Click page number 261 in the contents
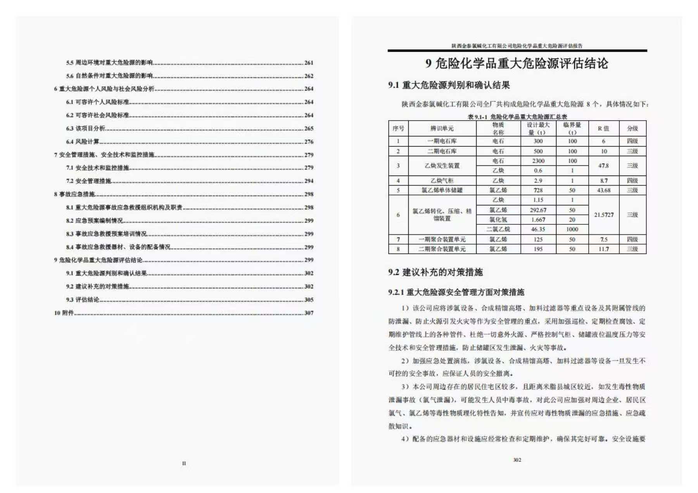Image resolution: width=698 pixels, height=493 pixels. click(309, 63)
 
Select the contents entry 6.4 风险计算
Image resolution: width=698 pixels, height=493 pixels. click(83, 141)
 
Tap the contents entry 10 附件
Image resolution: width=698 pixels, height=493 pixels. click(64, 313)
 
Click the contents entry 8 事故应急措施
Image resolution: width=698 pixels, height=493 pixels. click(74, 194)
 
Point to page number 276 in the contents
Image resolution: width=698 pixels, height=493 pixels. click(309, 142)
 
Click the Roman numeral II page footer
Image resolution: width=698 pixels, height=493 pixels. click(184, 463)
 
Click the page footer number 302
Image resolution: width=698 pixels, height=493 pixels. click(517, 460)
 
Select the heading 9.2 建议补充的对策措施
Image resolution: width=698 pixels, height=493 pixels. click(435, 272)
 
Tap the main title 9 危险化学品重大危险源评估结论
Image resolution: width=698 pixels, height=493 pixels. click(517, 64)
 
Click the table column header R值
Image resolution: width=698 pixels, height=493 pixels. click(603, 128)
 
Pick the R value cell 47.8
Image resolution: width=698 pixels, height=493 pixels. click(603, 165)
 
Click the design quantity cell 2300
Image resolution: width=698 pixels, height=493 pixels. click(538, 161)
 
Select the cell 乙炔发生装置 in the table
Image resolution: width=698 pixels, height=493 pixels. click(442, 165)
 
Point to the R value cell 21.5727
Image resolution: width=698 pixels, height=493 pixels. click(604, 215)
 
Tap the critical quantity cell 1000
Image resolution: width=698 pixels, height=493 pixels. click(572, 229)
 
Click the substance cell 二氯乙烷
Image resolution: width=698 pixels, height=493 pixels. click(498, 229)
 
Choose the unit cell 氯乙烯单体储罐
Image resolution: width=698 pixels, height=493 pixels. click(442, 190)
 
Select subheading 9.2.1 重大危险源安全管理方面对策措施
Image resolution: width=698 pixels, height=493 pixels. click(456, 292)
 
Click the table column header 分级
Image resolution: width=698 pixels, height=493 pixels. click(632, 128)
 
